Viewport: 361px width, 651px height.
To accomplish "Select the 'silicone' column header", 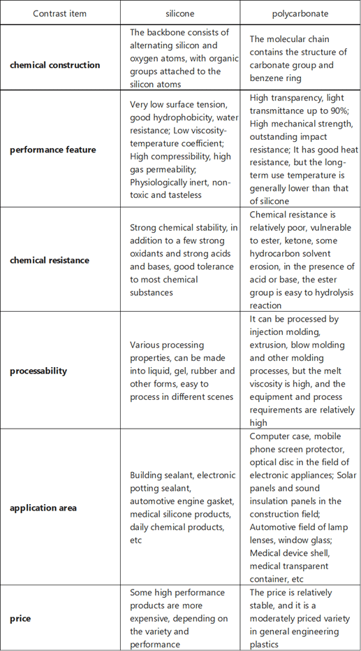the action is click(x=179, y=13).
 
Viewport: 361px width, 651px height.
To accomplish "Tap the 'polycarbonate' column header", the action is click(x=300, y=13).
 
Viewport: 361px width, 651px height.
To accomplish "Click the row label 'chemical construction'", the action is click(x=55, y=65).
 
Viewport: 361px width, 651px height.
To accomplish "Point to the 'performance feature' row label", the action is click(x=53, y=150).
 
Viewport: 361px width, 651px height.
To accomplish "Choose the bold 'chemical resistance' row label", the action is click(x=50, y=260).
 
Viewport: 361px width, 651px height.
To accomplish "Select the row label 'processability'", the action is click(x=38, y=371).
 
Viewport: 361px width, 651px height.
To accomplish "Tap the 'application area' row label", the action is click(x=43, y=508).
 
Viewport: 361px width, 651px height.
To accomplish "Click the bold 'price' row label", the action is click(x=20, y=618).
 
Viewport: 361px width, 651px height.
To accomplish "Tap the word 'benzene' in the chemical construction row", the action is click(x=266, y=78).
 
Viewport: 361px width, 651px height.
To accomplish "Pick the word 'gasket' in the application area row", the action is click(x=219, y=501).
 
